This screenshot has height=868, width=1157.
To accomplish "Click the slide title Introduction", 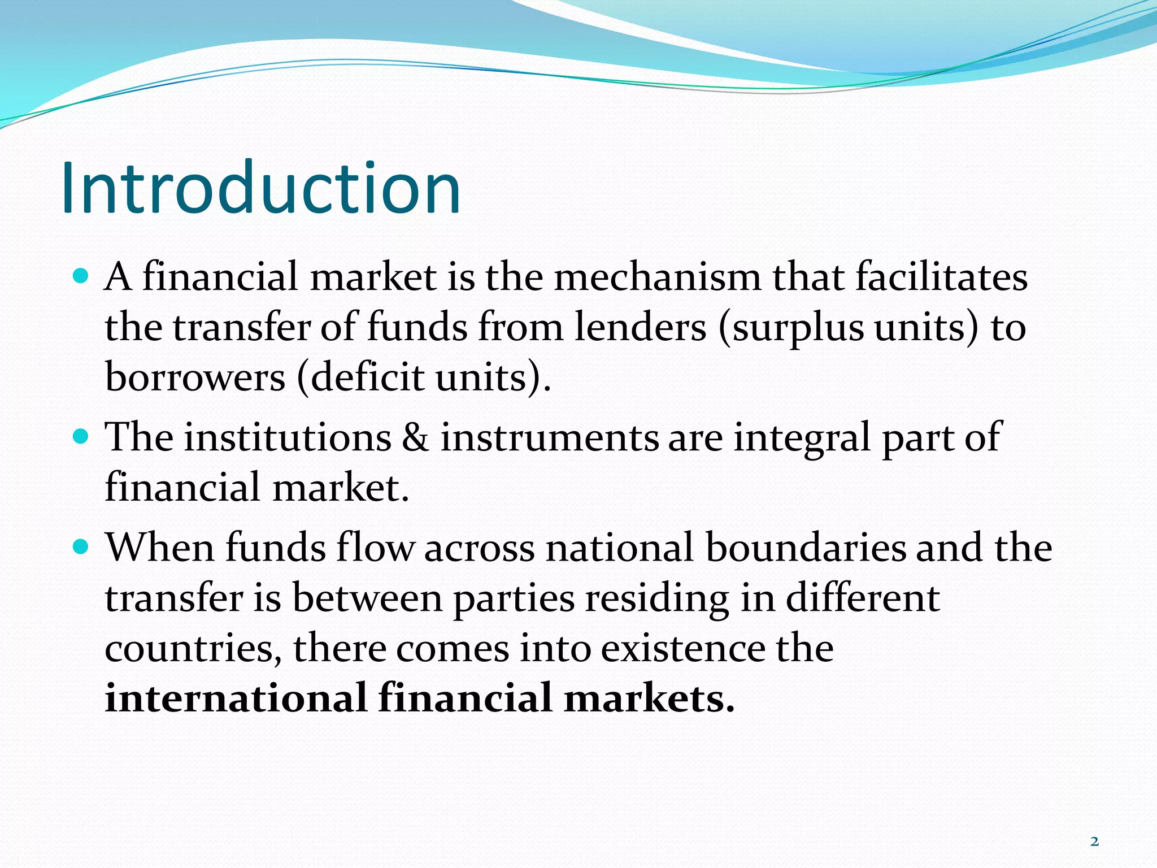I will [x=260, y=188].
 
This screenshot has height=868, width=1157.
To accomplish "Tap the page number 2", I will [x=1094, y=842].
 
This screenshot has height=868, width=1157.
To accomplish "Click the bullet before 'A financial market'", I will [x=81, y=276].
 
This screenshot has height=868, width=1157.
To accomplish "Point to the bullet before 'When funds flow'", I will [x=81, y=547].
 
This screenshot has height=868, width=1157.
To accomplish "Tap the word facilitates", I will [x=941, y=277].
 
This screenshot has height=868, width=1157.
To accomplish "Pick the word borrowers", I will [x=195, y=377].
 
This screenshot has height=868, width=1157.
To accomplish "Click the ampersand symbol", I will [x=415, y=438].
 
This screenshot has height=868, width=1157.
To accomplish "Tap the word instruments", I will [x=549, y=438].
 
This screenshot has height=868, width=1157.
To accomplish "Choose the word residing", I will [x=656, y=599].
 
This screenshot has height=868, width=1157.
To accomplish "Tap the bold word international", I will [x=237, y=698].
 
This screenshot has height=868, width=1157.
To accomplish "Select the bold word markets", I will [x=649, y=698].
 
